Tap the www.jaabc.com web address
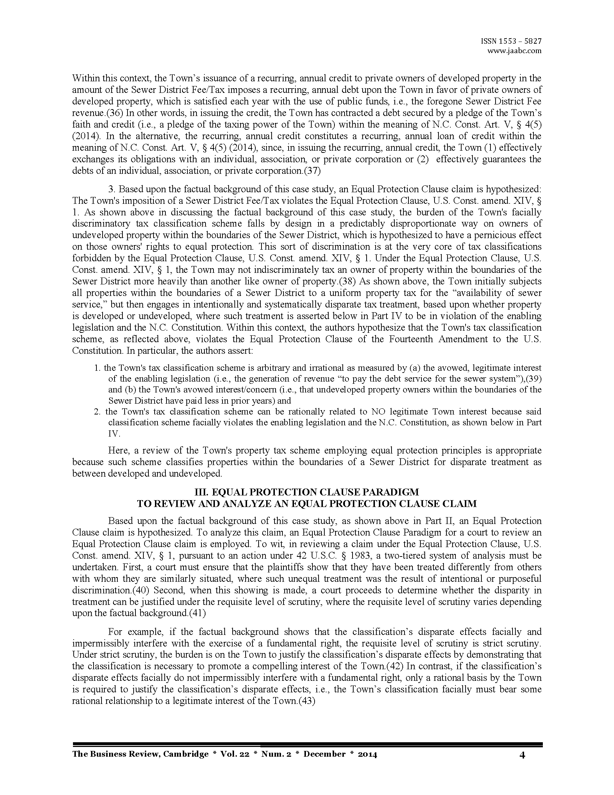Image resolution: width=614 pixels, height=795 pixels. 514,51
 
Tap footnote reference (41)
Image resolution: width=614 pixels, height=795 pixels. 198,613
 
